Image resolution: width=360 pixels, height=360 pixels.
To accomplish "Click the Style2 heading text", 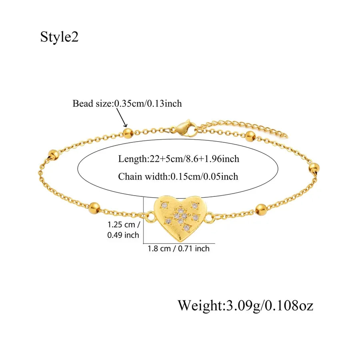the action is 60,37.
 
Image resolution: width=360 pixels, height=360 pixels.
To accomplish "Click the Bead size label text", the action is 127,104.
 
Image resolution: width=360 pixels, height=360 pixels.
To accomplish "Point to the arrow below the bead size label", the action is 122,117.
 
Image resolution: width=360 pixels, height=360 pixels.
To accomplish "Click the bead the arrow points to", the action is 128,133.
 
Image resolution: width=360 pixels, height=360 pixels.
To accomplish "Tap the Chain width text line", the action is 178,176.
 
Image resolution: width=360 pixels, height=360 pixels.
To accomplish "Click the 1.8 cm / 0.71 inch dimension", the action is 178,248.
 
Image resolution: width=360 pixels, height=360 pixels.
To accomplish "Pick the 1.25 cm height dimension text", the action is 124,230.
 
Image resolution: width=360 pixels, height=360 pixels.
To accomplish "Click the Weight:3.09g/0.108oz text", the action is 246,306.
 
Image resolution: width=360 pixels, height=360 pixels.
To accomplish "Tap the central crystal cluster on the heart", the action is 180,216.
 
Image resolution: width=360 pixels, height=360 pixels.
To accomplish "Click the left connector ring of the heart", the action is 150,216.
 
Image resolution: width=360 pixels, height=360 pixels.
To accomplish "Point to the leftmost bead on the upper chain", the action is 54,155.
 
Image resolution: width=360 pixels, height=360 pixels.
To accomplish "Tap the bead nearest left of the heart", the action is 94,208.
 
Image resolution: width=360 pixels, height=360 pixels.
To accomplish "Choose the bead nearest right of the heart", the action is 261,209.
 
